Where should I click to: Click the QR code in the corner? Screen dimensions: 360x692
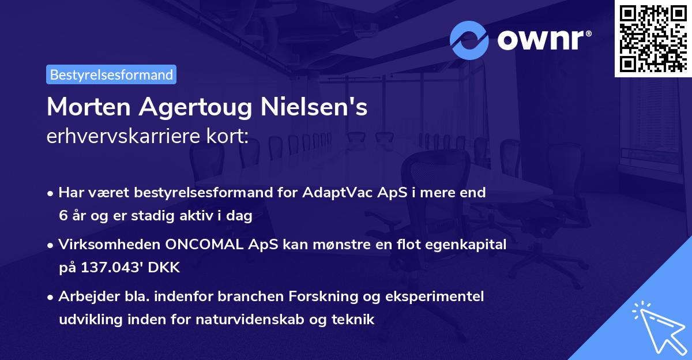tap(652, 38)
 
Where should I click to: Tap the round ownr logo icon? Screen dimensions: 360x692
tap(469, 40)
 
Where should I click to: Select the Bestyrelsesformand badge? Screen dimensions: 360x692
tap(111, 74)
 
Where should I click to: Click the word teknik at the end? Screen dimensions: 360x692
tap(355, 319)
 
